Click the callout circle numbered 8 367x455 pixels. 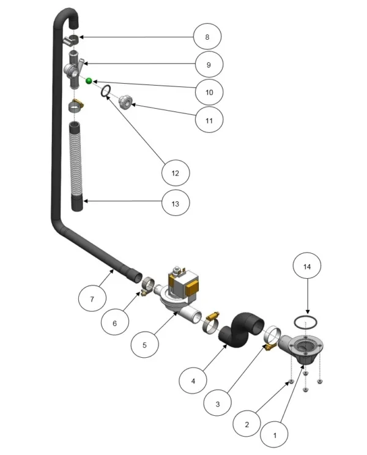[x=207, y=37]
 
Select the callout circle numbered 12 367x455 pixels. [x=176, y=173]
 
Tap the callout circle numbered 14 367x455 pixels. [x=307, y=266]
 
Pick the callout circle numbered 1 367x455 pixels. [x=275, y=435]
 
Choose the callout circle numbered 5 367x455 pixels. [x=145, y=345]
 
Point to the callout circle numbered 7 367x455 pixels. [x=92, y=298]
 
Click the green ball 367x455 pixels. [x=89, y=81]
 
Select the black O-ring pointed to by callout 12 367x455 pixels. [x=105, y=91]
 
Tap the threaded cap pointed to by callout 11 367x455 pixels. [x=126, y=102]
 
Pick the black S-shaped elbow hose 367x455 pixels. [x=242, y=330]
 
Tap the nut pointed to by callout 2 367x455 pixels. [x=292, y=381]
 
